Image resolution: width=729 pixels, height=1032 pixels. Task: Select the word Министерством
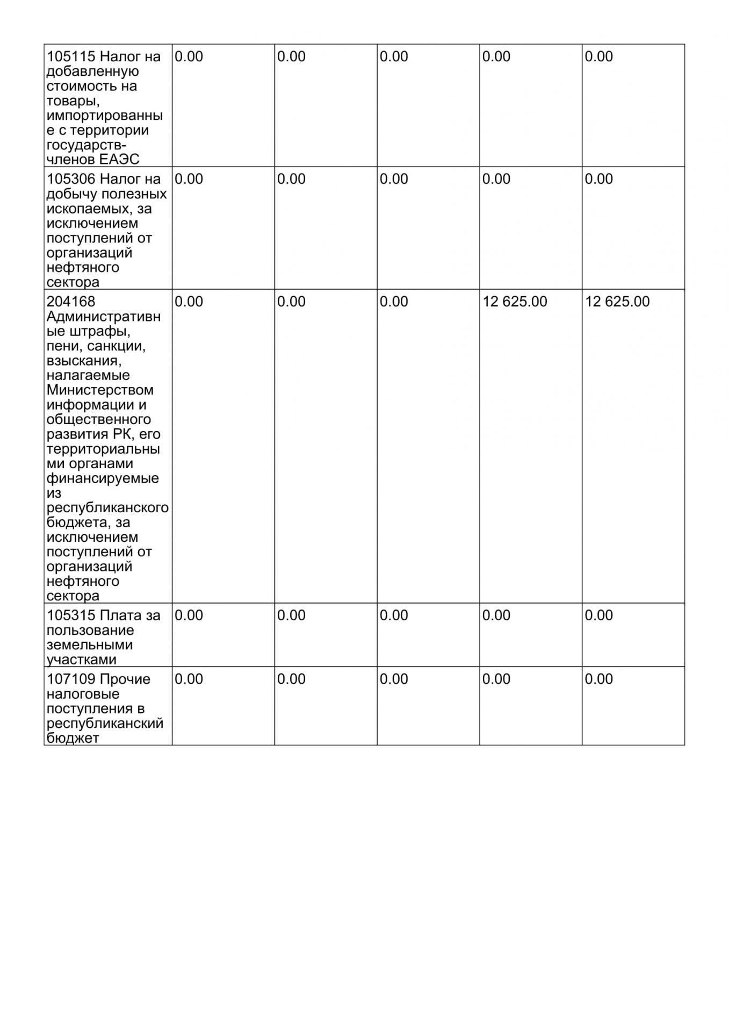pyautogui.click(x=100, y=390)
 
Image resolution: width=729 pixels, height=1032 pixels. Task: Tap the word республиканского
pyautogui.click(x=107, y=508)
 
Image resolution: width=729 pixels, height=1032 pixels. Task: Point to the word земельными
pyautogui.click(x=82, y=646)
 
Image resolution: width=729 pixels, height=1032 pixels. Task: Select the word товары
pyautogui.click(x=73, y=101)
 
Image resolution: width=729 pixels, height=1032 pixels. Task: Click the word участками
pyautogui.click(x=82, y=660)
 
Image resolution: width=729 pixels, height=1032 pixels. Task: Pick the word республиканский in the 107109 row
pyautogui.click(x=105, y=724)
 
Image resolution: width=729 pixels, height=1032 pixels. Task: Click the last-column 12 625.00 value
pyautogui.click(x=617, y=302)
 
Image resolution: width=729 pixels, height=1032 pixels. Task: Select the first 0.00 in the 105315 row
pyautogui.click(x=189, y=616)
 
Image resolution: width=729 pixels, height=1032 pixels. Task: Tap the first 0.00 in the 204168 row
pyautogui.click(x=189, y=302)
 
